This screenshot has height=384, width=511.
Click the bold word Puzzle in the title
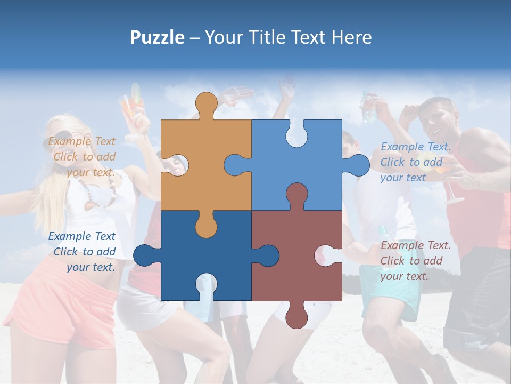[157, 37]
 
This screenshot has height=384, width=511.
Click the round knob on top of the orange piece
[206, 102]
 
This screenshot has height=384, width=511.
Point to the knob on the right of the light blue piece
[358, 165]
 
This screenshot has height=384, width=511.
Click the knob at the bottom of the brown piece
[296, 317]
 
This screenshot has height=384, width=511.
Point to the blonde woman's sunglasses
[61, 138]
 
